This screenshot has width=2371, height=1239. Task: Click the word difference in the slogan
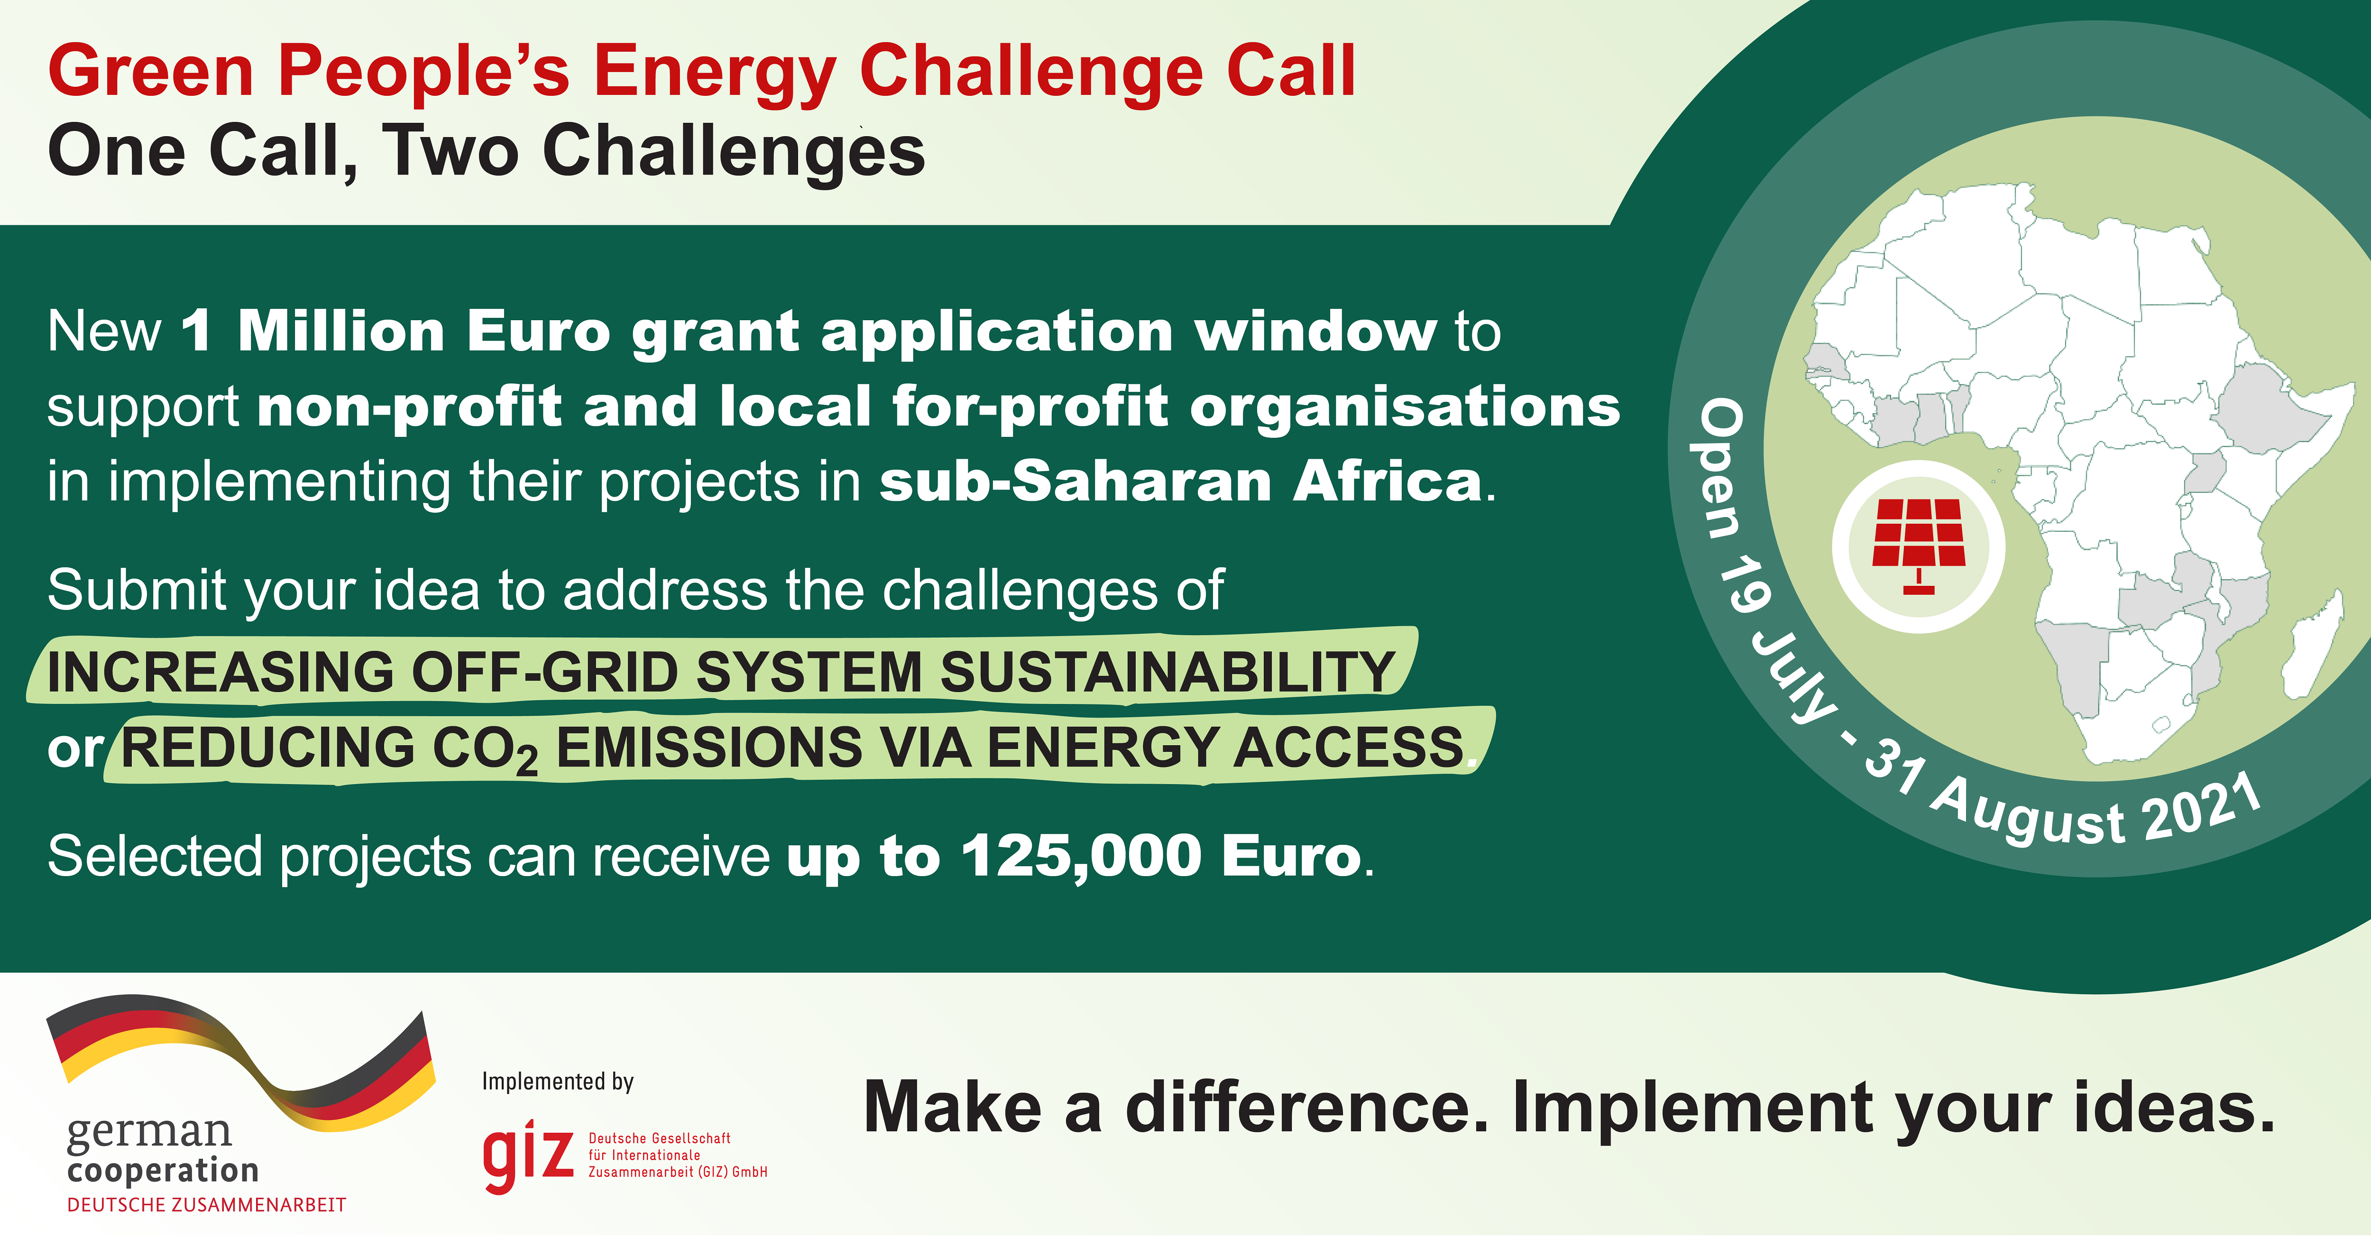[x=1307, y=1107]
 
